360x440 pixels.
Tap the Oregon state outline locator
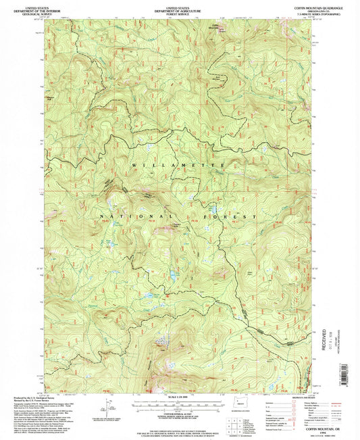pyautogui.click(x=237, y=414)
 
